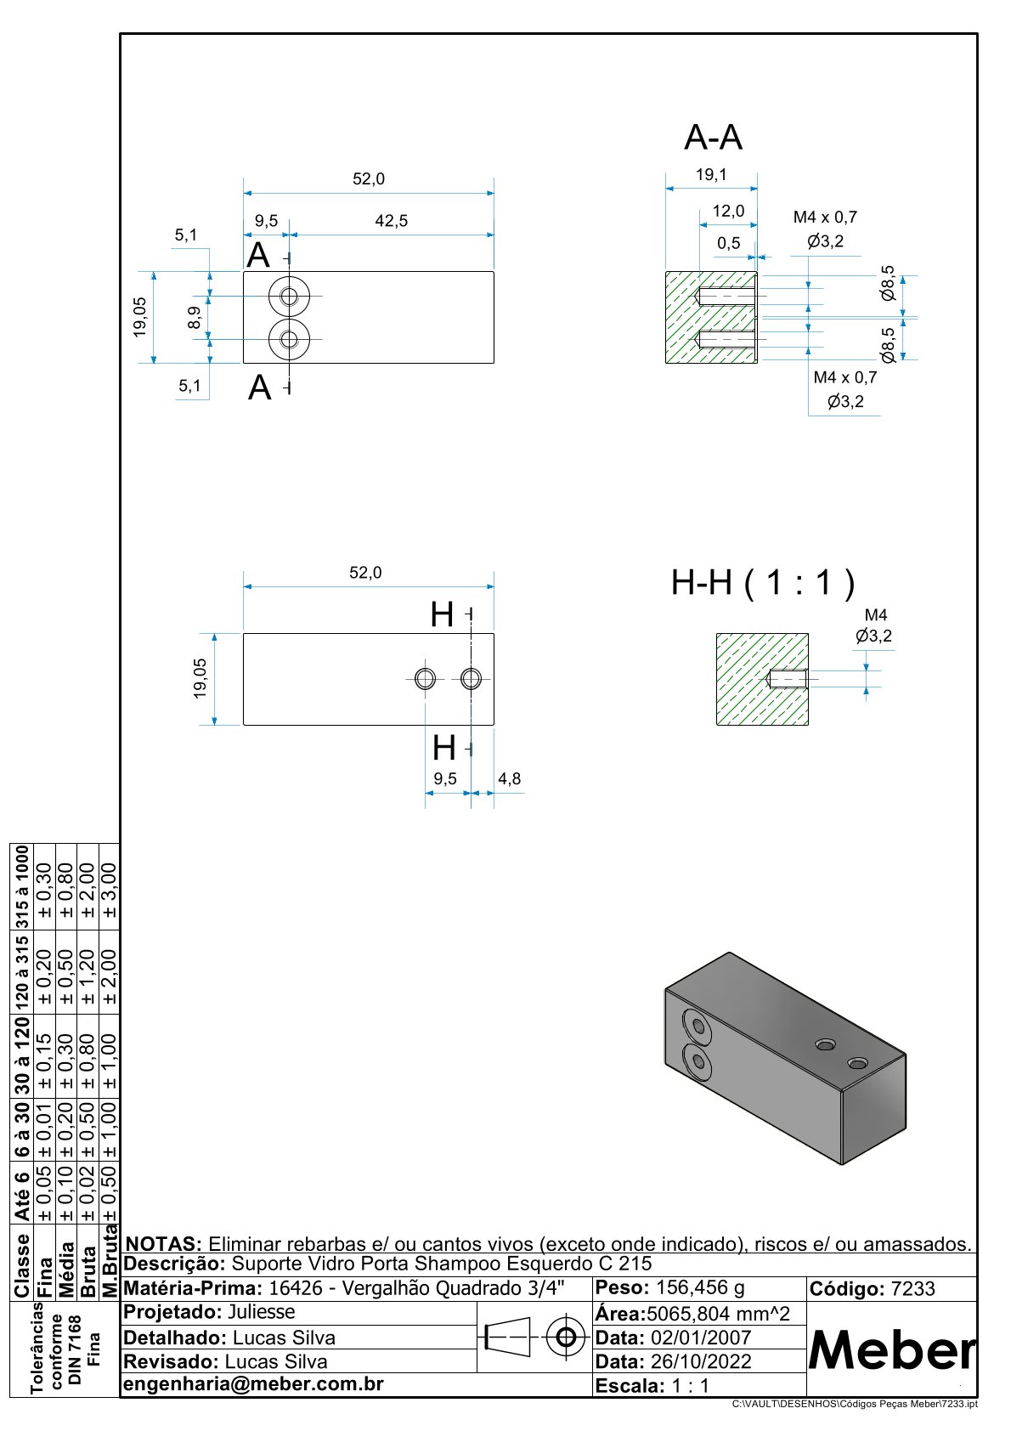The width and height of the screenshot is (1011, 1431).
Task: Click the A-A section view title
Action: pos(713,138)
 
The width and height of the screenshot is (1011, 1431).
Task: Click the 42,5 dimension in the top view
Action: pos(391,220)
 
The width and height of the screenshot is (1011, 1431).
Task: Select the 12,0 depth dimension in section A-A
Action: pos(728,211)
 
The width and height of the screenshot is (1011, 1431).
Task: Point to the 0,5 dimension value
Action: pos(728,243)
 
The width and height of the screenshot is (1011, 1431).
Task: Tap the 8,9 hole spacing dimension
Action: pos(195,318)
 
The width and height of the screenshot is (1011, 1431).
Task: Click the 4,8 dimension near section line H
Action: pos(509,778)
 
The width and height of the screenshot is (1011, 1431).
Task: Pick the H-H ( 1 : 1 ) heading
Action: pos(763,583)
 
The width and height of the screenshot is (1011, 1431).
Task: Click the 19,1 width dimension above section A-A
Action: pos(711,174)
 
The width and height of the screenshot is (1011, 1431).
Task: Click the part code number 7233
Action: pos(912,1288)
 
